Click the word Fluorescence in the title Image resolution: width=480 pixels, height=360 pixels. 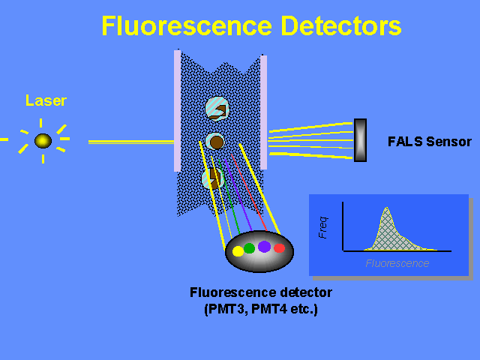(x=187, y=25)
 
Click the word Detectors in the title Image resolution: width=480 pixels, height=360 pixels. (x=341, y=25)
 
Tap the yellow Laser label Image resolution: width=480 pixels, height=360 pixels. (x=46, y=100)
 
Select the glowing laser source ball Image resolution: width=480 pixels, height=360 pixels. (x=43, y=141)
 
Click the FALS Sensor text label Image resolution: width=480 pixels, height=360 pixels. (x=430, y=142)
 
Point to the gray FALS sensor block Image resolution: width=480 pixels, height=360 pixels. (x=360, y=140)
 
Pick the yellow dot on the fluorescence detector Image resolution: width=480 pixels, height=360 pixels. (x=238, y=251)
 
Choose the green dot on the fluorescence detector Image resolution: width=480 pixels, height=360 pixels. (x=250, y=248)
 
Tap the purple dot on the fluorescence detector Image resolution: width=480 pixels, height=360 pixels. (x=264, y=247)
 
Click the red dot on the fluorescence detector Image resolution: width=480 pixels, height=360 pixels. (x=279, y=248)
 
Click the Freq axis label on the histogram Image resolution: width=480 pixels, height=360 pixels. (x=323, y=227)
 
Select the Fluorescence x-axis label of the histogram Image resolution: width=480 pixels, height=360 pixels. (x=397, y=263)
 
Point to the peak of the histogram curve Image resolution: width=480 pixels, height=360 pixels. (x=387, y=208)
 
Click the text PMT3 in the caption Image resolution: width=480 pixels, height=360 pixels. (x=226, y=309)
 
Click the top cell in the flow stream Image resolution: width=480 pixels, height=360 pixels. (x=217, y=109)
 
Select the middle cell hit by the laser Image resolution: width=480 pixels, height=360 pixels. (x=215, y=142)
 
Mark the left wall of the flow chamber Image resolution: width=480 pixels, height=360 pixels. (x=177, y=110)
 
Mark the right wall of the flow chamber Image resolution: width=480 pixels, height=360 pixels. (x=263, y=112)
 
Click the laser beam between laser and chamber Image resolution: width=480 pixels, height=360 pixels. (x=131, y=142)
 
